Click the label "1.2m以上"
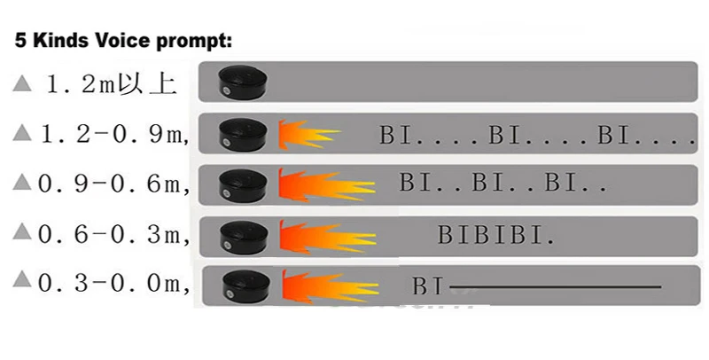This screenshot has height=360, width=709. click(x=111, y=85)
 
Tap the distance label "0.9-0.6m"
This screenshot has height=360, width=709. click(x=113, y=184)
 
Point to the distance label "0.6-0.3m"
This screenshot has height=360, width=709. click(x=113, y=234)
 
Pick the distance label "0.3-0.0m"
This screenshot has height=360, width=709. click(x=113, y=284)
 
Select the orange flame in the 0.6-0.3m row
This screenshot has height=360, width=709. click(x=323, y=236)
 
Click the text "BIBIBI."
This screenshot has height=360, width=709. click(x=496, y=236)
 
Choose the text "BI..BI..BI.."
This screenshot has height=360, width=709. click(x=503, y=184)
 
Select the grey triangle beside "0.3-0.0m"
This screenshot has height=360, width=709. click(x=22, y=283)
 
